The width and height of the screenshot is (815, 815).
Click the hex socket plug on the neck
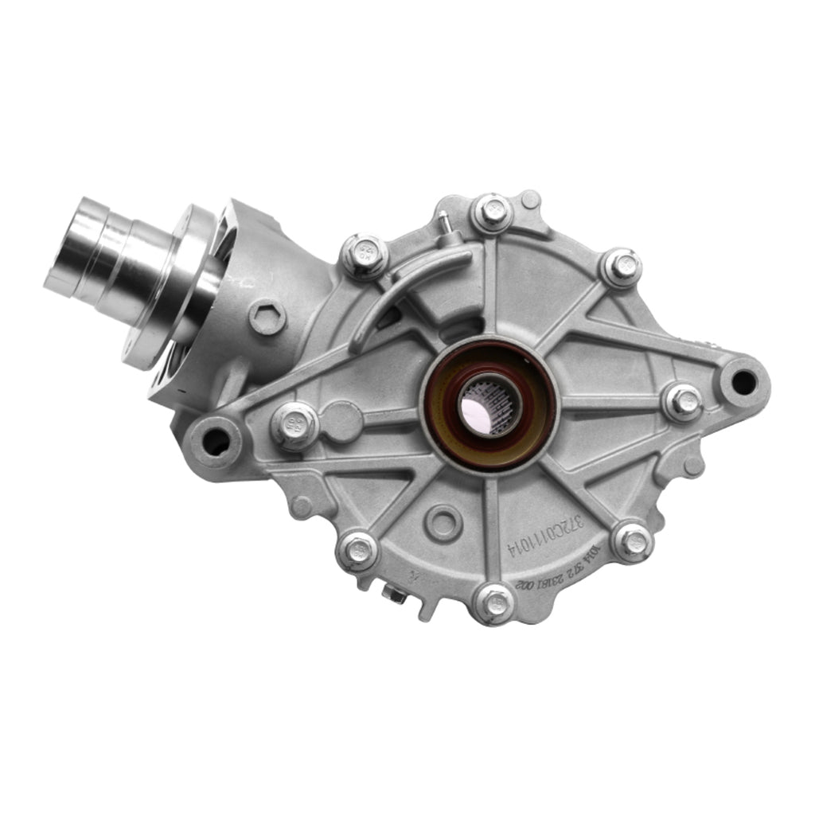tap(267, 317)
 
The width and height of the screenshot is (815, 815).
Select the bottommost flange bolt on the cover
tap(495, 598)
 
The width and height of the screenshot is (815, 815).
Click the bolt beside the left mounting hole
tap(294, 423)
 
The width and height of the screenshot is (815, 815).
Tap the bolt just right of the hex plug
tap(364, 255)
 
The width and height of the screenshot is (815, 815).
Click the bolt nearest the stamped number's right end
tap(633, 543)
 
